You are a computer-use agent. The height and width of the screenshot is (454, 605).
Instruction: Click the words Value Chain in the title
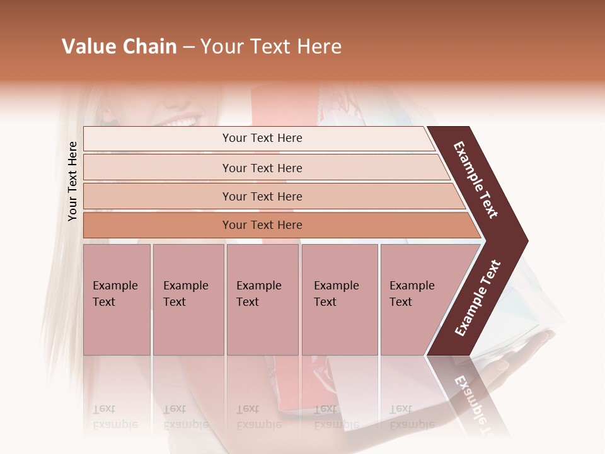click(119, 47)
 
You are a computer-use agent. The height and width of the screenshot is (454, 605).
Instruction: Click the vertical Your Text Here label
click(73, 181)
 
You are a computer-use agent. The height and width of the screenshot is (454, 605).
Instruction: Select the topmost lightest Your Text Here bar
click(262, 138)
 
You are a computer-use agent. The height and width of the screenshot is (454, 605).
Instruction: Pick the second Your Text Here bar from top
click(262, 168)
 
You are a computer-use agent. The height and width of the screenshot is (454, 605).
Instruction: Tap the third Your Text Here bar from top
click(262, 196)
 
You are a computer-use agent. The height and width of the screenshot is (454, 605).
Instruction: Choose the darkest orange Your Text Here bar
click(262, 225)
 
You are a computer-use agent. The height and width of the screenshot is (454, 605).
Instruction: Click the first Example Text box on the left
click(117, 300)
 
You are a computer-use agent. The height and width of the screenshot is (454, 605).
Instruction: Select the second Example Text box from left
click(188, 300)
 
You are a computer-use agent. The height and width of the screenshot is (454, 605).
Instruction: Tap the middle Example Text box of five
click(262, 300)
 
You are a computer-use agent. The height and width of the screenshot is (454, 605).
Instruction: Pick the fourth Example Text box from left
click(340, 300)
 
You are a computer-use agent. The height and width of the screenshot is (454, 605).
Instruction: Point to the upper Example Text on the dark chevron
click(476, 180)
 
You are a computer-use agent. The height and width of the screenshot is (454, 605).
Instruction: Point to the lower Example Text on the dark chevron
click(478, 298)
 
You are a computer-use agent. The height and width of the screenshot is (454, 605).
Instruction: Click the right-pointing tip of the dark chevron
click(524, 241)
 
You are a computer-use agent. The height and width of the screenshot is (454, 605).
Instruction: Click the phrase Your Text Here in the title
click(271, 47)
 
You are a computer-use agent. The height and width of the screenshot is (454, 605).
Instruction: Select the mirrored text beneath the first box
click(115, 417)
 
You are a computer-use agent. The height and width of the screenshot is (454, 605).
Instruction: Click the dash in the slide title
click(188, 47)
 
